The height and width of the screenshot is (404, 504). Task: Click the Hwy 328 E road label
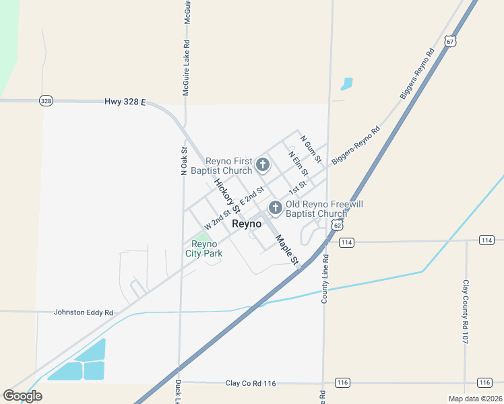click(125, 102)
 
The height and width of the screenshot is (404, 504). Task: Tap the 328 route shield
click(46, 101)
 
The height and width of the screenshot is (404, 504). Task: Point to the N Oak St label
click(183, 162)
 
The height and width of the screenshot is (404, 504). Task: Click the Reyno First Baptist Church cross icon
click(262, 164)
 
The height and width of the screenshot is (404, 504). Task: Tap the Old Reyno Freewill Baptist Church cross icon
click(275, 208)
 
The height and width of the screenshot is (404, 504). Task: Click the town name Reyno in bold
click(246, 224)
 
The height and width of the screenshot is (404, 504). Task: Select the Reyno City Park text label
click(204, 248)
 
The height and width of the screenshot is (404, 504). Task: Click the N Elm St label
click(297, 164)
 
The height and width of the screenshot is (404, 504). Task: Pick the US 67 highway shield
click(450, 41)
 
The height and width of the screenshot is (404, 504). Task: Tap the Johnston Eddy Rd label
click(84, 313)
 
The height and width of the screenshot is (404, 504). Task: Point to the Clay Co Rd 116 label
click(251, 383)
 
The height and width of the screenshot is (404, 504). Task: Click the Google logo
click(22, 396)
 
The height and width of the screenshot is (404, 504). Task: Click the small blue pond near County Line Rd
click(347, 84)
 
